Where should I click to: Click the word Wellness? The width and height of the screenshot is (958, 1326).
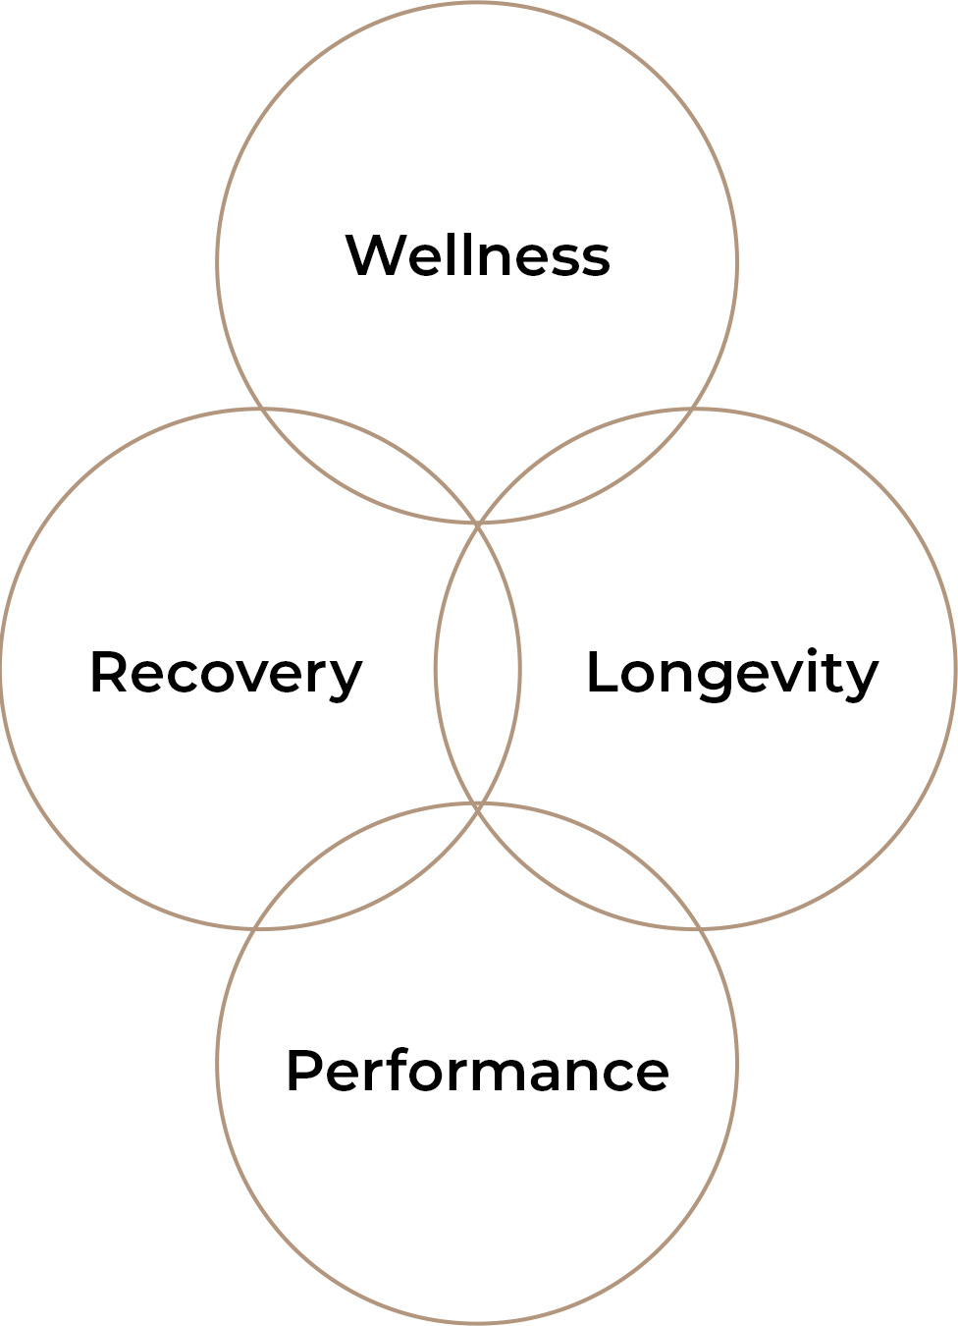(478, 256)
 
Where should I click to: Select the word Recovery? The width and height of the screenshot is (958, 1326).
(226, 674)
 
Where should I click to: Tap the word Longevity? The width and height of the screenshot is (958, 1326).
(732, 674)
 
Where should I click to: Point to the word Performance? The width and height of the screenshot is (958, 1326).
(478, 1071)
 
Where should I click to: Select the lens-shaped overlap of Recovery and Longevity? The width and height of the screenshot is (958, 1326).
(478, 669)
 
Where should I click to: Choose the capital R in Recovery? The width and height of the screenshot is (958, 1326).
(109, 673)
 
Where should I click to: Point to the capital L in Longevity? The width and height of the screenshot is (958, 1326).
(601, 673)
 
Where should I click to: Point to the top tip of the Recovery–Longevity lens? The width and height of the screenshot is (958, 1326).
(478, 525)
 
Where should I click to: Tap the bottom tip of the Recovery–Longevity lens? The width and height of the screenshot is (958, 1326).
(478, 808)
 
